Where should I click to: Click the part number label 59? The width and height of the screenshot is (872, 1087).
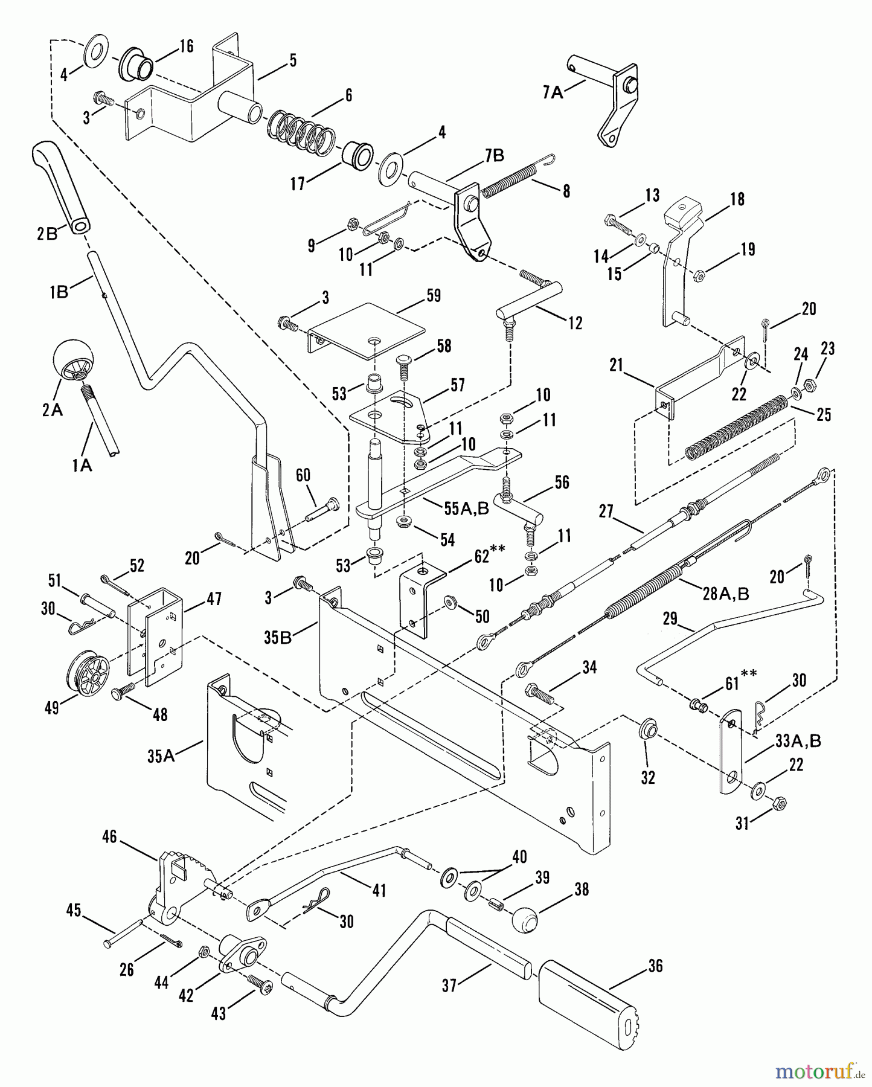coord(433,295)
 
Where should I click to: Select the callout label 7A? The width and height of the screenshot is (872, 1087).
coord(552,92)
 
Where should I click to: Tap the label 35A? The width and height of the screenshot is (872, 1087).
coord(161,755)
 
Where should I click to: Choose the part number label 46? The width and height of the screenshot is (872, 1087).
coord(109,838)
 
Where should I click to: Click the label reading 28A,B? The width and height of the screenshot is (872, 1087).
coord(726,594)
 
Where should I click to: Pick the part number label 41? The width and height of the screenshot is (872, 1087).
coord(379,890)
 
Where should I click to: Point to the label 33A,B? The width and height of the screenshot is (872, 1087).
coord(798,740)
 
